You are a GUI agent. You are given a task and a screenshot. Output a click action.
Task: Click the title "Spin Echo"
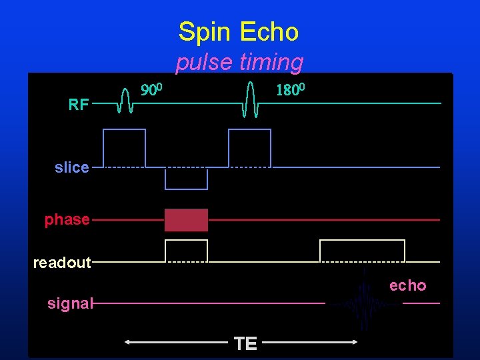tap(239, 31)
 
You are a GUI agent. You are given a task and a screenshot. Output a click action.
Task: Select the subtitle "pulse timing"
tap(239, 63)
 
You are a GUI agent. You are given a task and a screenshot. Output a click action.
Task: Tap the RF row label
tap(79, 104)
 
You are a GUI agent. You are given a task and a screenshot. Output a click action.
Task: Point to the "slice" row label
tap(72, 167)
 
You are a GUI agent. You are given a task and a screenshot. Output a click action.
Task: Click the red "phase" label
tap(67, 219)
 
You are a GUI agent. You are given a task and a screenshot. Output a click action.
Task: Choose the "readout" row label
tap(62, 263)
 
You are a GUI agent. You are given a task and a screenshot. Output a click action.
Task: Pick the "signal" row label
tap(70, 304)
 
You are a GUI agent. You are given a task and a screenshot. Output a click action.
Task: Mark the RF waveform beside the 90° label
tap(124, 101)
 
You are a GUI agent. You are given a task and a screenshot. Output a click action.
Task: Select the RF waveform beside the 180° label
tap(250, 100)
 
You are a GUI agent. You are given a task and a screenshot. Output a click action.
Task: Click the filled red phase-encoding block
tap(186, 220)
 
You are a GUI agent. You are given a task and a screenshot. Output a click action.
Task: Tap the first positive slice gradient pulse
tap(124, 148)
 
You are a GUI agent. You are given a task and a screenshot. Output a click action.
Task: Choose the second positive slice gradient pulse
tap(249, 148)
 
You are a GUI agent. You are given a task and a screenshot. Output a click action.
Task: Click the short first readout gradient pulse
tap(186, 251)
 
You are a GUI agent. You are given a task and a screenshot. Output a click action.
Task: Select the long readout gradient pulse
tap(362, 251)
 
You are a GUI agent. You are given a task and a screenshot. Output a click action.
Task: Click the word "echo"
tap(407, 285)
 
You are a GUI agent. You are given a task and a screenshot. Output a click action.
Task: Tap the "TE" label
tap(245, 343)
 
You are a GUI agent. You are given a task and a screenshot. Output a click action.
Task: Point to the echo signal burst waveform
tap(364, 303)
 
